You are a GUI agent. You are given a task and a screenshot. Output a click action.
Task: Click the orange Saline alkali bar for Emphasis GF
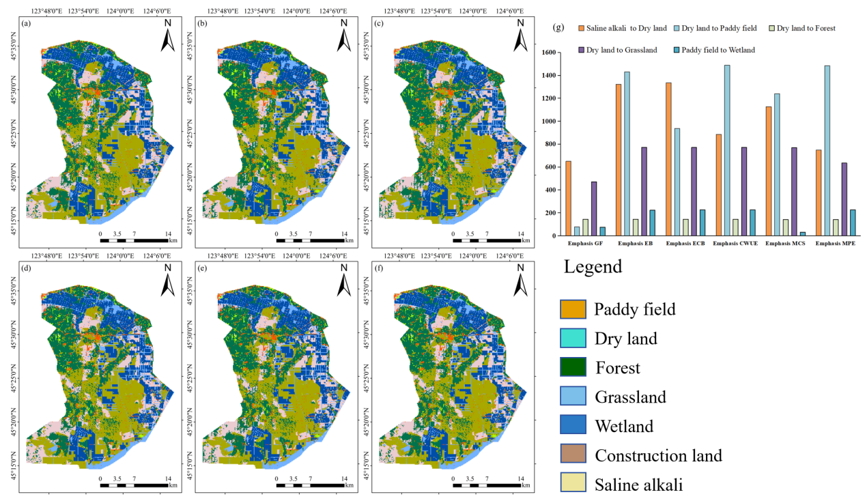tap(568, 199)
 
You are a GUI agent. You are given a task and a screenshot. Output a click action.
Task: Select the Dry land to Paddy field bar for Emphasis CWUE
tap(726, 150)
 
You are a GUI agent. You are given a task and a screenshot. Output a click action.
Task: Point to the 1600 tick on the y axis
tap(548, 52)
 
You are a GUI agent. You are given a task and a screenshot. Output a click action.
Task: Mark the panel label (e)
tap(202, 268)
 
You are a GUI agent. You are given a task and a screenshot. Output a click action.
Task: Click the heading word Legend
tap(593, 267)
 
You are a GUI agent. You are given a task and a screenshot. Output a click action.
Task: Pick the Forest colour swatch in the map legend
tap(573, 368)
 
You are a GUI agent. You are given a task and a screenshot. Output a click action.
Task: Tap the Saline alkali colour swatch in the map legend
tap(573, 485)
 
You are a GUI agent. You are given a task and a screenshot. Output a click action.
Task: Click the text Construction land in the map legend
tap(658, 455)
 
